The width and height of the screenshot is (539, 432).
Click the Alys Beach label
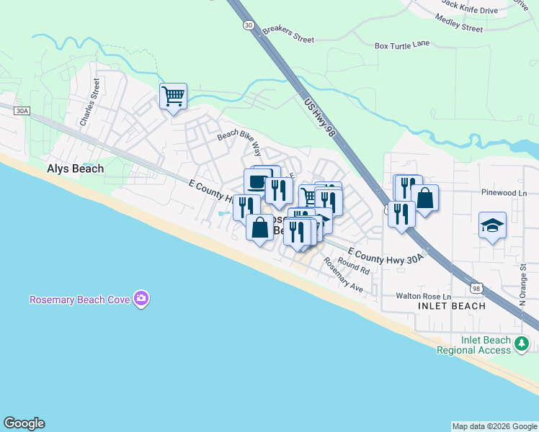[75, 168]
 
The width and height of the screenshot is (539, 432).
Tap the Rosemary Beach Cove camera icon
[141, 298]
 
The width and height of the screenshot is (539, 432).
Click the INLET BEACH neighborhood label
[451, 306]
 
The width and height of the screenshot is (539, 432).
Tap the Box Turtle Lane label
[402, 45]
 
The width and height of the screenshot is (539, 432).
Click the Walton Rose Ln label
[423, 296]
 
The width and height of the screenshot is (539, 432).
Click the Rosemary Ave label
[343, 275]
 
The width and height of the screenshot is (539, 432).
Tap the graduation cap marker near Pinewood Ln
[493, 225]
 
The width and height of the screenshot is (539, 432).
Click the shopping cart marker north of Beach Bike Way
[173, 95]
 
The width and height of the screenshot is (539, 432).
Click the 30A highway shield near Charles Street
[22, 111]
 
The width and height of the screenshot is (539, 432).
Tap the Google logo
[24, 423]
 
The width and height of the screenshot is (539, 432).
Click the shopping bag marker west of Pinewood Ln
[425, 198]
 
